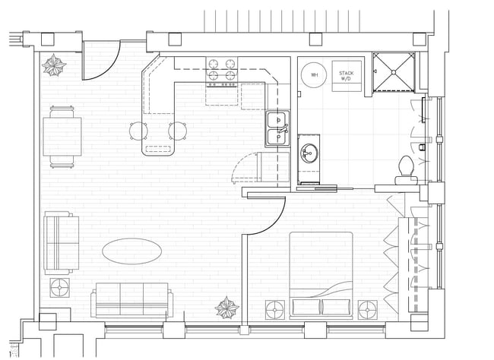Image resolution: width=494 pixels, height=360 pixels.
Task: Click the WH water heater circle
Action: [315, 75]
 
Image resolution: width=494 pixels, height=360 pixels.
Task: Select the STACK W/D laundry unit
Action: [345, 75]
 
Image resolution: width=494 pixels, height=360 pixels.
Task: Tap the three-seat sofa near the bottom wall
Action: [131, 300]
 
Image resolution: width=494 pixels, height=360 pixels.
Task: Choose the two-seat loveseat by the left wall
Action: [61, 243]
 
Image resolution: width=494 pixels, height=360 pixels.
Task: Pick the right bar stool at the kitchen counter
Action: [180, 131]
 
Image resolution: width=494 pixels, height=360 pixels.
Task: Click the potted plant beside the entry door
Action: [55, 67]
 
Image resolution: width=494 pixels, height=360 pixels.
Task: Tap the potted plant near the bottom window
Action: [226, 308]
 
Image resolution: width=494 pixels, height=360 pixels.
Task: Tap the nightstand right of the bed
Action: [369, 308]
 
